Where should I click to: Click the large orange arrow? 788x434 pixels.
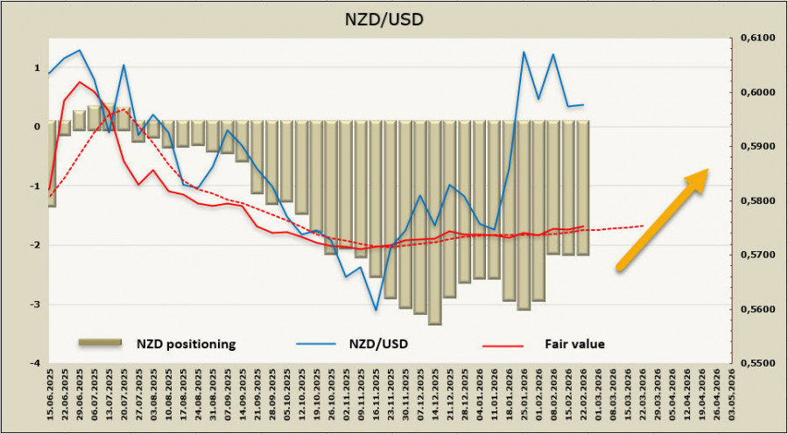[663, 218]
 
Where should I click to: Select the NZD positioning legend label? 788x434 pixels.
[186, 344]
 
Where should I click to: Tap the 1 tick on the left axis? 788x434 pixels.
[37, 67]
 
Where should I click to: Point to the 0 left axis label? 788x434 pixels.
[37, 127]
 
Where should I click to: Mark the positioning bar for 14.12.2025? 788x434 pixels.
[434, 222]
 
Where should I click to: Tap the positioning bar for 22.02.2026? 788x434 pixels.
[583, 188]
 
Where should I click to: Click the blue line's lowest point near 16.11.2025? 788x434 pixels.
[376, 309]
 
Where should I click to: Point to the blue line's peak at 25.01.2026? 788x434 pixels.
[524, 52]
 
